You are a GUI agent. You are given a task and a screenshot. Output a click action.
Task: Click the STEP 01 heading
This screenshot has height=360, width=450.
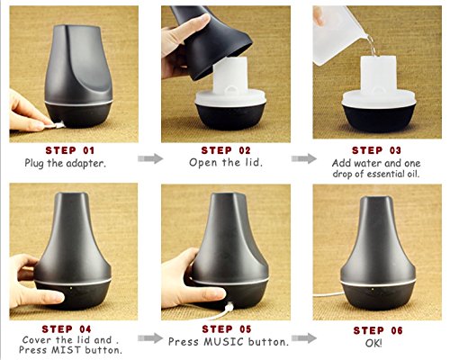point(70,150)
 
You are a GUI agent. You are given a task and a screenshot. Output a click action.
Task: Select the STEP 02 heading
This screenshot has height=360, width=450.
point(226,150)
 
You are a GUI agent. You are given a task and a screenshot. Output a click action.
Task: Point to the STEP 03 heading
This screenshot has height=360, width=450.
point(376,150)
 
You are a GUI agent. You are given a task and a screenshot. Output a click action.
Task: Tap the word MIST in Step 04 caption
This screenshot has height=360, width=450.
point(67,350)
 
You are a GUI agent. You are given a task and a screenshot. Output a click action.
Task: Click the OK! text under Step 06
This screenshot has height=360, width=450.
point(373,343)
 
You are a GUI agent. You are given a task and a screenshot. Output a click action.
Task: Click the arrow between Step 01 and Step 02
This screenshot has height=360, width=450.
point(150,158)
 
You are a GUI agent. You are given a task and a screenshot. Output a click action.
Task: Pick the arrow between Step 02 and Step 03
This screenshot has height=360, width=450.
point(303,158)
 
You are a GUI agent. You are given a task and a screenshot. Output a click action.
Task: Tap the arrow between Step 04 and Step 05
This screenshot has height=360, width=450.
point(150,338)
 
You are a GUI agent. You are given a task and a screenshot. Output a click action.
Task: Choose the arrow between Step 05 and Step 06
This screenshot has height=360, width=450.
point(303,338)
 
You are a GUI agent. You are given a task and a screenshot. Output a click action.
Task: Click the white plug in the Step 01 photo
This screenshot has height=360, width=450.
point(58,125)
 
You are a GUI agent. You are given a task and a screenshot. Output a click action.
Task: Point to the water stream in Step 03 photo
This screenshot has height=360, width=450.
point(372,46)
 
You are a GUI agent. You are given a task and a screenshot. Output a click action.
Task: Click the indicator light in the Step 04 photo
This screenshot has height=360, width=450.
point(71,288)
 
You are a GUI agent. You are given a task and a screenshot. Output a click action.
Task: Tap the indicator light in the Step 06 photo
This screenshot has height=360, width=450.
point(373,290)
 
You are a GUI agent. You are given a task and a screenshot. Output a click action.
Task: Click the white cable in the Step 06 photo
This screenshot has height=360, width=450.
point(328,295)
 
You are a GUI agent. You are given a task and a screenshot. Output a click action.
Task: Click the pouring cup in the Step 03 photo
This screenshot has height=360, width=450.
point(339,34)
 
